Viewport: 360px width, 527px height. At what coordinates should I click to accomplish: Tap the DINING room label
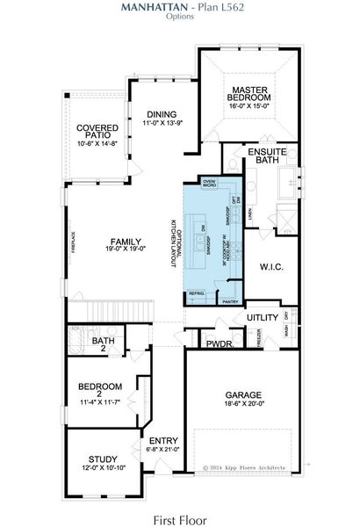161,114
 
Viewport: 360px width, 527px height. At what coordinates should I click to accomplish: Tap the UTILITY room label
261,316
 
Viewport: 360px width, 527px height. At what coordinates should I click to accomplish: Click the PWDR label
219,343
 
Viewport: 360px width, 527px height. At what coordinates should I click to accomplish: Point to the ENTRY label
163,441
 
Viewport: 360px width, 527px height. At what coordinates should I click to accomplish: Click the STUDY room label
103,459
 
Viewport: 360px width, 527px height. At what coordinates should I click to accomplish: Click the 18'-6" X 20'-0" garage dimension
244,405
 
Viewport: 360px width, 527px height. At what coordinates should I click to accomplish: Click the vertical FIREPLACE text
73,242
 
